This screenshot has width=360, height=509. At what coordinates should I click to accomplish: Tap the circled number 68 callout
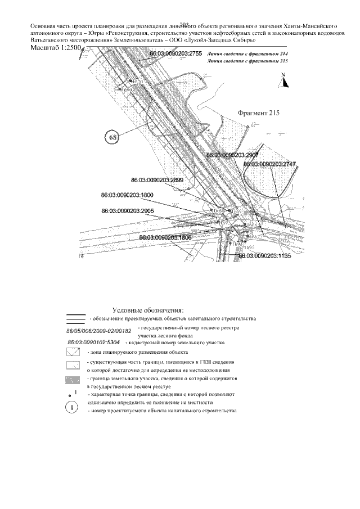pyautogui.click(x=112, y=137)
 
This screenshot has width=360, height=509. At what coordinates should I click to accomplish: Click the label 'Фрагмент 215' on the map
pyautogui.click(x=259, y=112)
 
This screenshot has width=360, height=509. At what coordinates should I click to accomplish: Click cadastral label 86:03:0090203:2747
pyautogui.click(x=270, y=164)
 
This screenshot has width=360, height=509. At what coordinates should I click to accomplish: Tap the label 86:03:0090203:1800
pyautogui.click(x=127, y=195)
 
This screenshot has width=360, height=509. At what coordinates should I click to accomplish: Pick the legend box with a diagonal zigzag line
pyautogui.click(x=74, y=353)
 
